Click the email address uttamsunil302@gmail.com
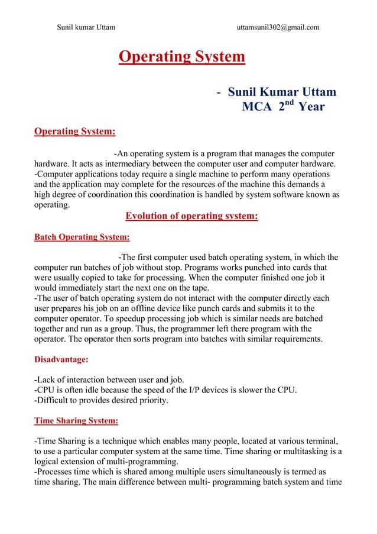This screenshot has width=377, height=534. [278, 27]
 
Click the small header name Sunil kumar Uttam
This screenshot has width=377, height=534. [86, 27]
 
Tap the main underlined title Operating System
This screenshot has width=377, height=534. [181, 57]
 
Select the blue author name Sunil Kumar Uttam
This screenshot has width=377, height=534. [282, 92]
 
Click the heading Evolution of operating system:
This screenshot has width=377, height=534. [191, 216]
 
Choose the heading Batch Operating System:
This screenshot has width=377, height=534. [82, 237]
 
